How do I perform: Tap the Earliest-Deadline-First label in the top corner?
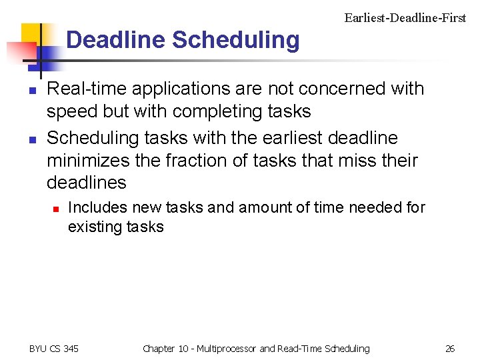pyautogui.click(x=405, y=18)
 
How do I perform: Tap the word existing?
pyautogui.click(x=91, y=227)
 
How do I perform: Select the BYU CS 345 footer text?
pyautogui.click(x=54, y=349)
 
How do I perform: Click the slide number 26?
pyautogui.click(x=450, y=349)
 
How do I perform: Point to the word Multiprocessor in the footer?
pyautogui.click(x=225, y=349)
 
